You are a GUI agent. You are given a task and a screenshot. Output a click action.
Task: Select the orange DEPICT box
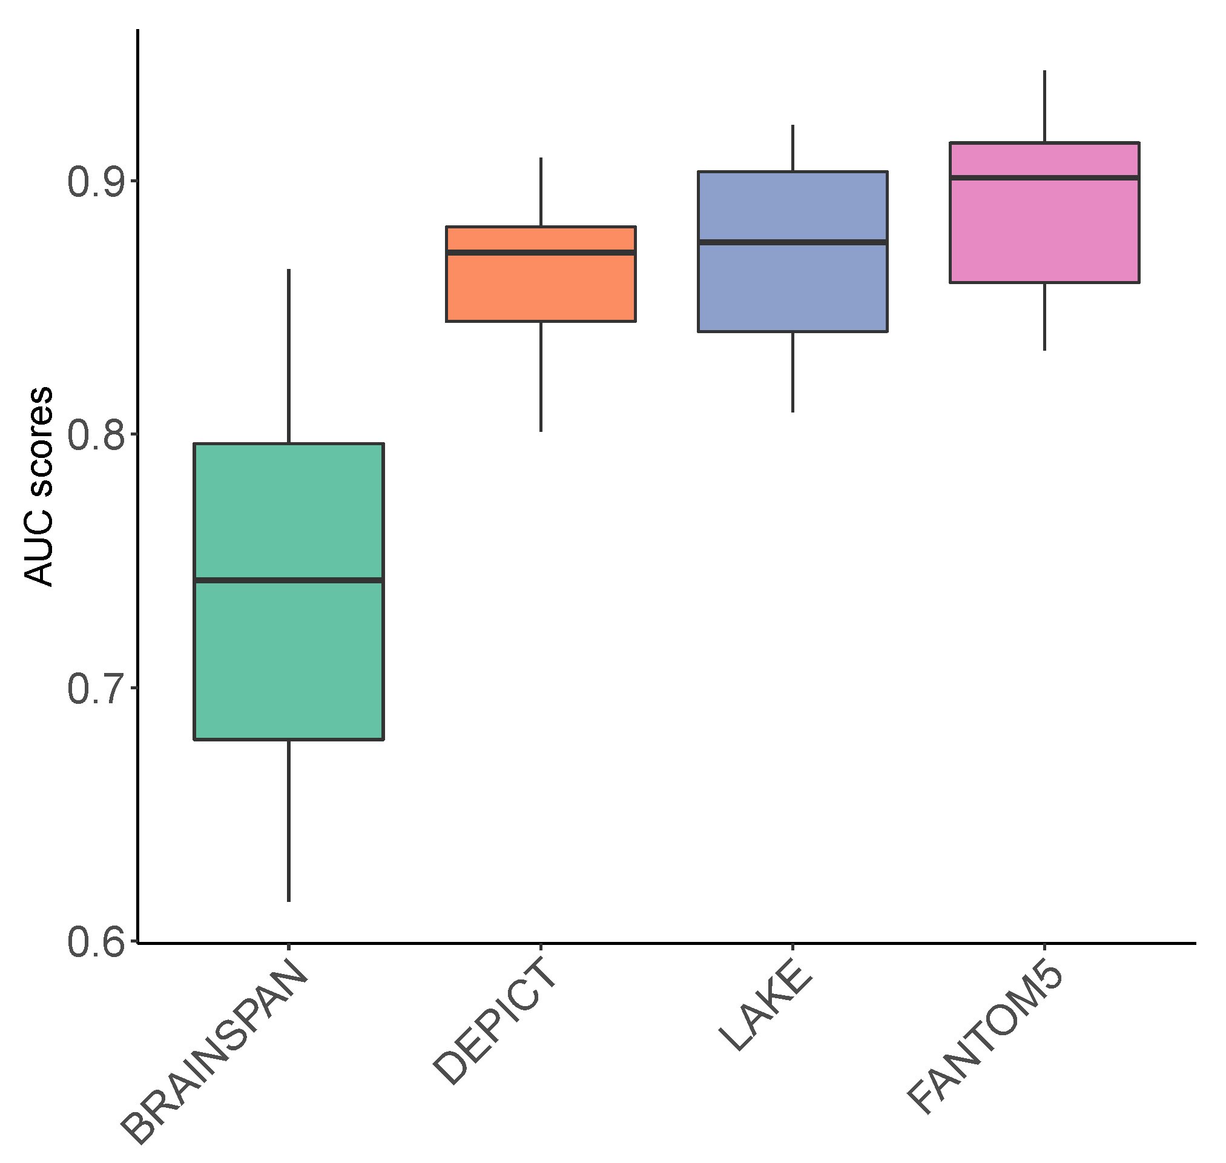tap(541, 288)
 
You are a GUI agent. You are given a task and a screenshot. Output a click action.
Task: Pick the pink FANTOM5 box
tap(1044, 230)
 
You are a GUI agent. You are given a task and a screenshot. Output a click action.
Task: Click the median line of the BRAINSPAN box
tap(289, 580)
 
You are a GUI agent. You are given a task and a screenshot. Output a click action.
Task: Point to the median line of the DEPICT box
tap(541, 253)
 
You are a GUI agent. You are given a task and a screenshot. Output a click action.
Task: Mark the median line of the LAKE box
tap(793, 242)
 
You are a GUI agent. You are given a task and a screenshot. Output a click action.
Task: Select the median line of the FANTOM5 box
tap(1044, 178)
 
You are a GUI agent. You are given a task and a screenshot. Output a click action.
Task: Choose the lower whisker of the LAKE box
tap(793, 372)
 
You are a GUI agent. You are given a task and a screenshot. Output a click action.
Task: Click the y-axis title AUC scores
tap(38, 486)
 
